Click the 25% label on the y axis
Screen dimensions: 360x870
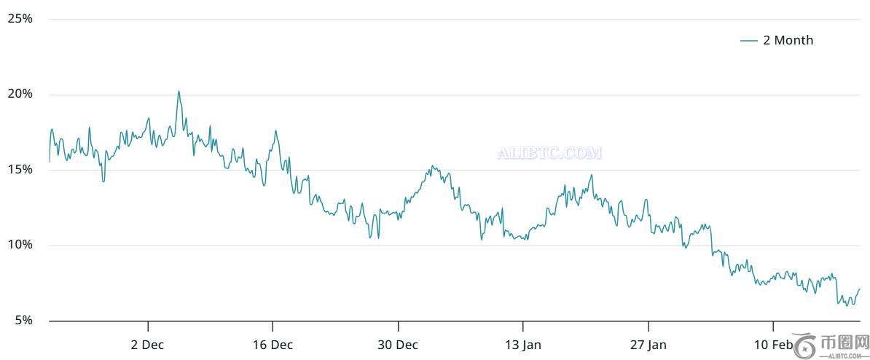[x=20, y=19]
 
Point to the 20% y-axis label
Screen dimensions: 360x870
[x=20, y=94]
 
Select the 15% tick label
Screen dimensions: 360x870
[x=20, y=170]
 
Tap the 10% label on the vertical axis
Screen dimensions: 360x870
[x=20, y=245]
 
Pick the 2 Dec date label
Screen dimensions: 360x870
[x=148, y=344]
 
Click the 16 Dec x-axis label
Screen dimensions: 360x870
[x=273, y=344]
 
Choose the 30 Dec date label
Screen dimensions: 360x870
[x=398, y=344]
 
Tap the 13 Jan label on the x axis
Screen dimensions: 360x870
[x=523, y=344]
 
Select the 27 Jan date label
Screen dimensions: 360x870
[x=648, y=344]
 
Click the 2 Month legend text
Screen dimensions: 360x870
[x=788, y=41]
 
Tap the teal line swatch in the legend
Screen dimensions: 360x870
[x=748, y=41]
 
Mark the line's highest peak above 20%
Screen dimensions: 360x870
[x=179, y=92]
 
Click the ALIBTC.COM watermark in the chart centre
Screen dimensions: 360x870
[x=549, y=154]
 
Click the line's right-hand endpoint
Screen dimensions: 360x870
[x=860, y=289]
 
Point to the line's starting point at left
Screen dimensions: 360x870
[x=49, y=161]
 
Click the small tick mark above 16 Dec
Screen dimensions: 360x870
[x=273, y=325]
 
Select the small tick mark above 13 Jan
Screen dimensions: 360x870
[x=523, y=325]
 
